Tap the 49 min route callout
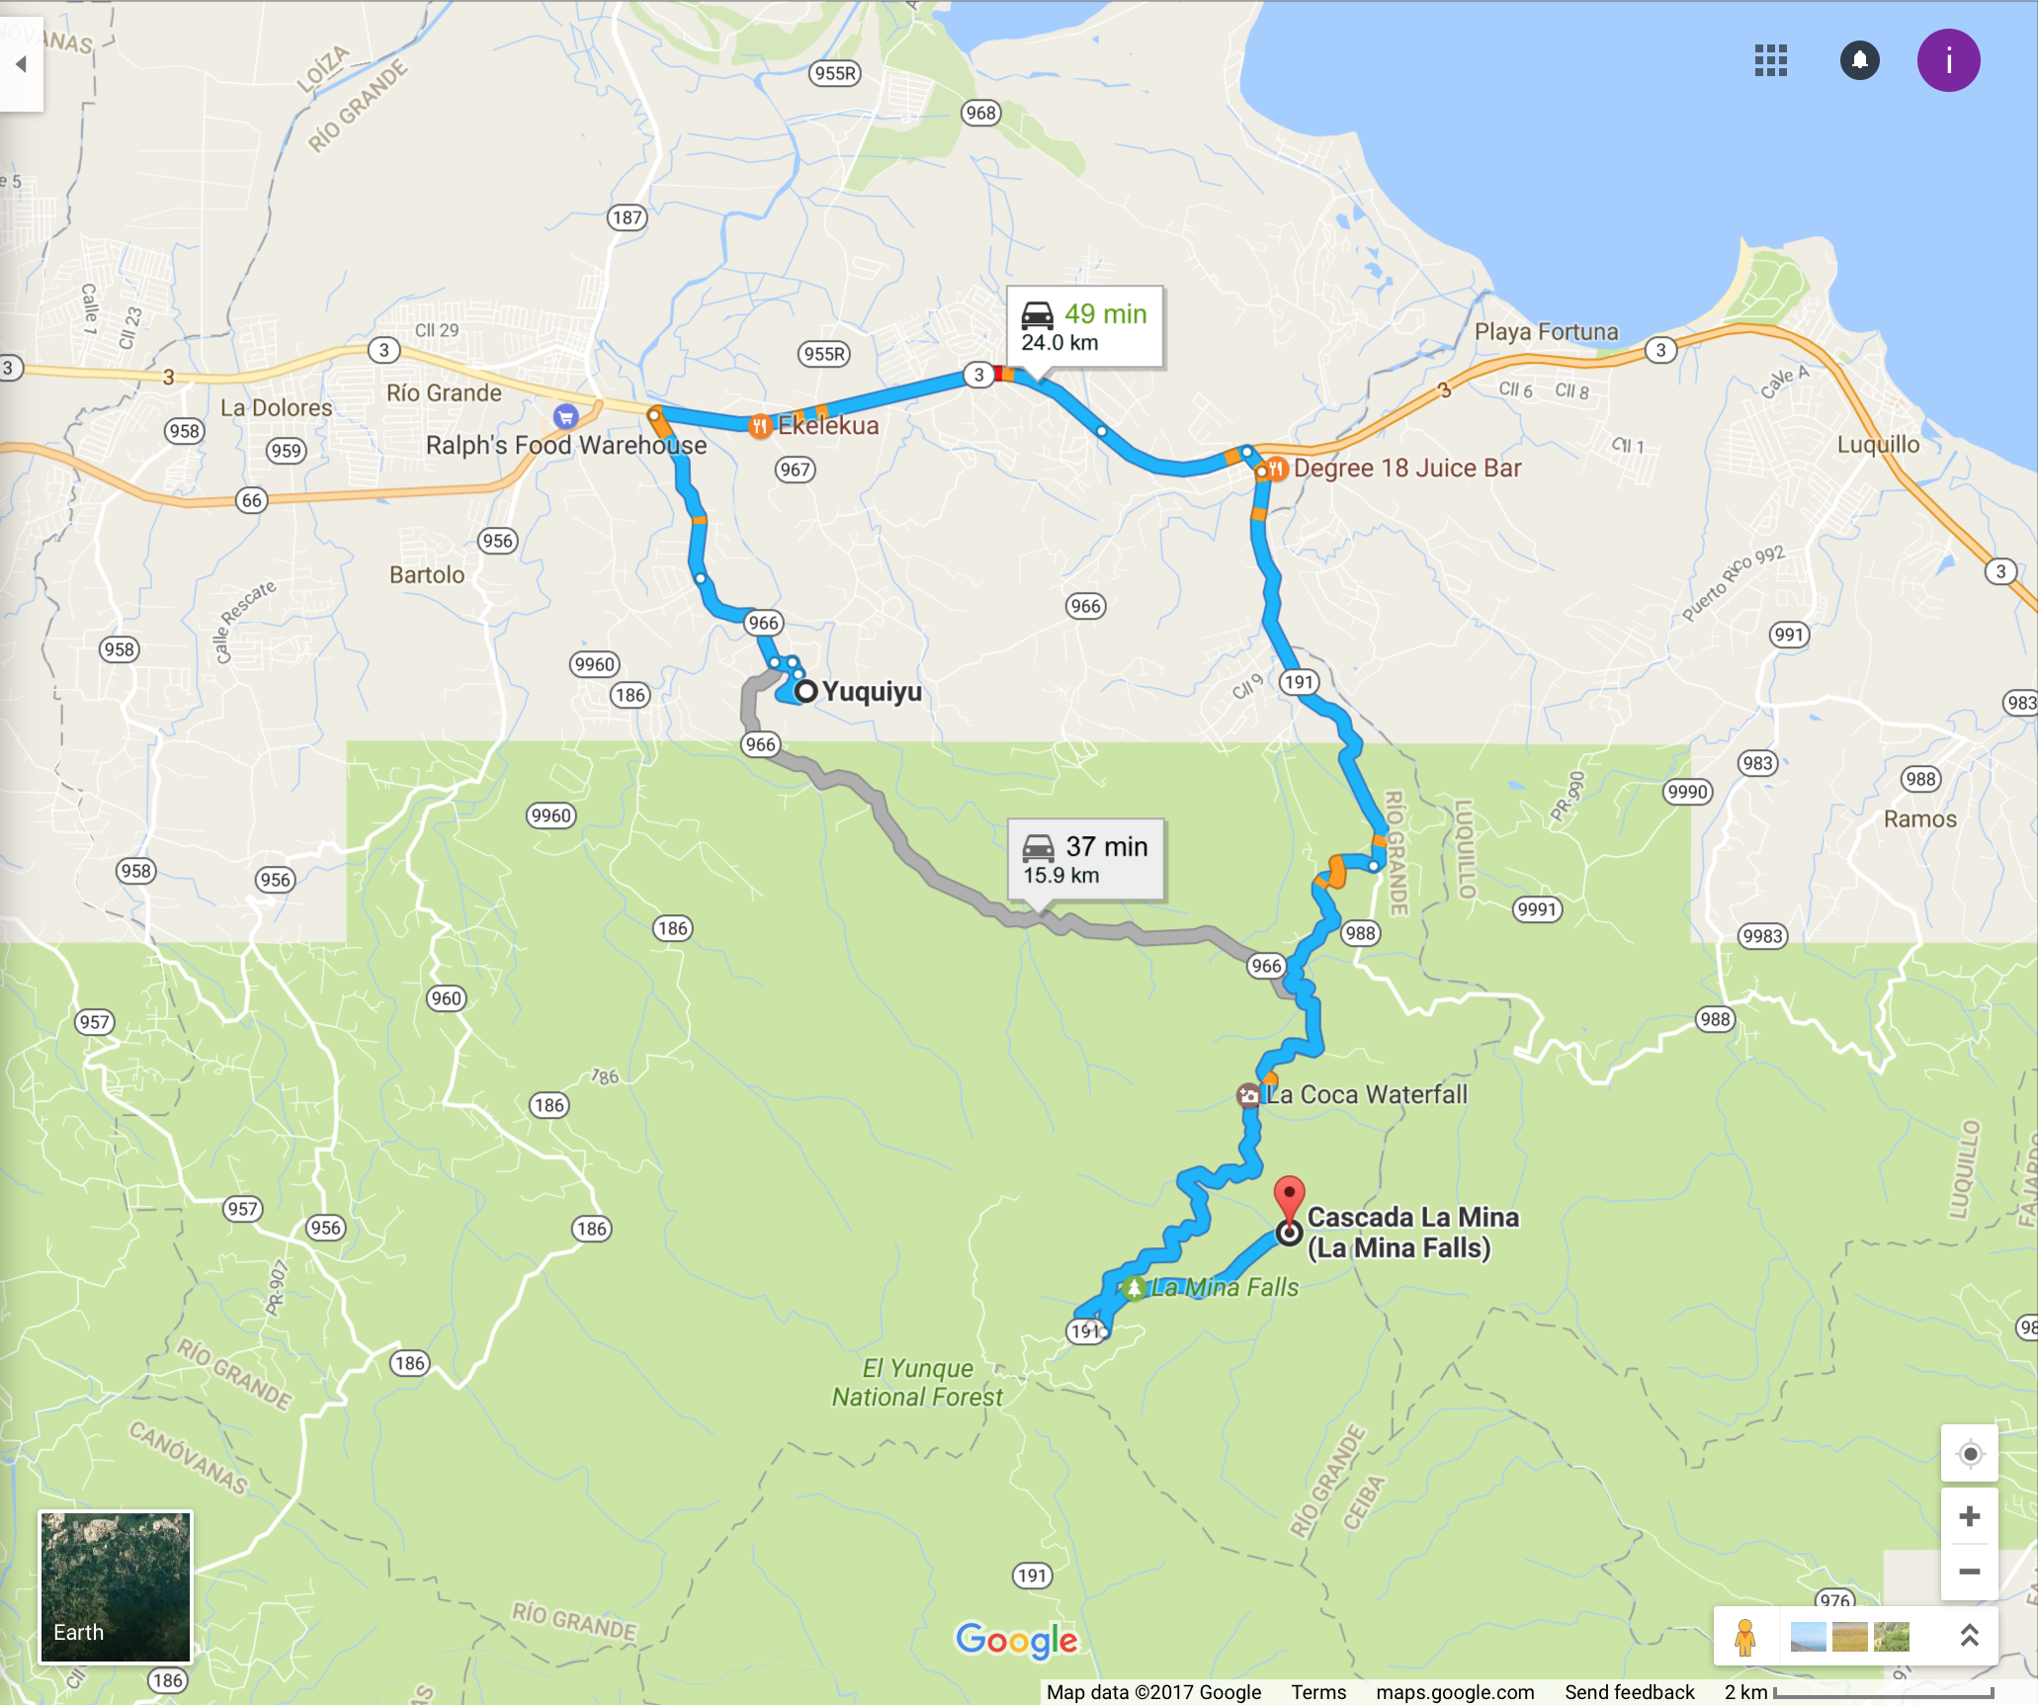click(1084, 327)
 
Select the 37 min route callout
click(1085, 860)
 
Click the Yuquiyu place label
click(871, 692)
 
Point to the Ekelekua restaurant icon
click(759, 426)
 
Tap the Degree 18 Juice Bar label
click(1406, 469)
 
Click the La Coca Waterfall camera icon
click(1248, 1095)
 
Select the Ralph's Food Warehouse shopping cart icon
click(565, 416)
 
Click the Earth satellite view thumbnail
click(115, 1585)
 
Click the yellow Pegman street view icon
click(1744, 1637)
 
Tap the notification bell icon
click(1859, 61)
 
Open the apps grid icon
click(1770, 61)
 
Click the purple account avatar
click(1948, 61)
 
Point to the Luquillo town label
click(1878, 445)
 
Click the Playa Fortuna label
click(1546, 332)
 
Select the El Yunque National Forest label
click(917, 1383)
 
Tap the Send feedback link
click(1629, 1692)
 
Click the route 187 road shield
click(627, 217)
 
